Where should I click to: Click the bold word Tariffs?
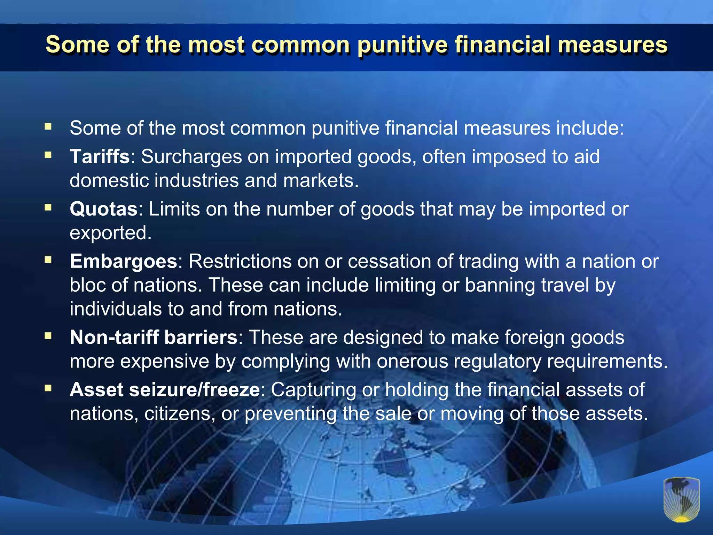(100, 156)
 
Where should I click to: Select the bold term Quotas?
(104, 209)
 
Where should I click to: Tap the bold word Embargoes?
(124, 261)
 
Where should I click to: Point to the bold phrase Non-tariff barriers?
(154, 337)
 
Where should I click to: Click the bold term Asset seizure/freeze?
(165, 389)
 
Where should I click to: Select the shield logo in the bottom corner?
(681, 500)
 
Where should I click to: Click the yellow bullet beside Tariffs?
(48, 155)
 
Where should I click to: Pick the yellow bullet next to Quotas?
(48, 208)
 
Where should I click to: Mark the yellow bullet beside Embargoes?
(48, 260)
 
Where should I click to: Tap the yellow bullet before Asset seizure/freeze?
(48, 388)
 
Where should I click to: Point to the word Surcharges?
(191, 156)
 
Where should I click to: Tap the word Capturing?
(314, 389)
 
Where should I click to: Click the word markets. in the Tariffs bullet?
(321, 180)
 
